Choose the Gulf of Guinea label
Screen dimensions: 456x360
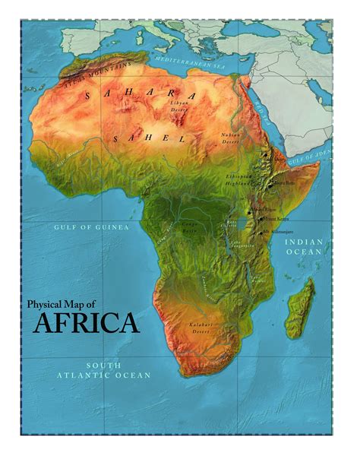tap(91, 226)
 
